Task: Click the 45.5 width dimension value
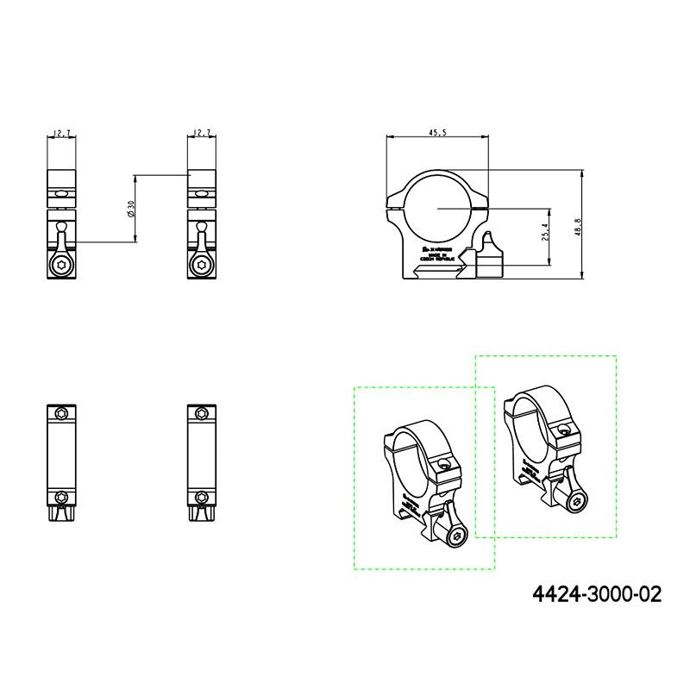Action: click(436, 132)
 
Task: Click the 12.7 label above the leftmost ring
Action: click(61, 133)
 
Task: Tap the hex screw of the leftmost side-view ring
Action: click(61, 266)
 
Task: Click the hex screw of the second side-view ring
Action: click(201, 266)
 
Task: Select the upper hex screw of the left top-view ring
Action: click(60, 414)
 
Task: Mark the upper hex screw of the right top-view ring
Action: click(201, 414)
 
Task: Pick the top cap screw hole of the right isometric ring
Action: click(563, 429)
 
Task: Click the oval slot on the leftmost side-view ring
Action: click(60, 196)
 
